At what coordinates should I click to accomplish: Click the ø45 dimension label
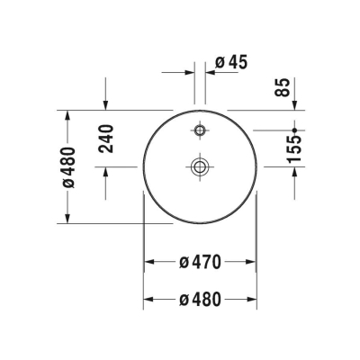pyautogui.click(x=232, y=62)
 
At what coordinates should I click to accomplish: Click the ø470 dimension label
pyautogui.click(x=201, y=262)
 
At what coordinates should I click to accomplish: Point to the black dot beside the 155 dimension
pyautogui.click(x=295, y=131)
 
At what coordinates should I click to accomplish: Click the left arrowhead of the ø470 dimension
pyautogui.click(x=150, y=262)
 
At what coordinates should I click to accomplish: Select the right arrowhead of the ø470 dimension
pyautogui.click(x=252, y=262)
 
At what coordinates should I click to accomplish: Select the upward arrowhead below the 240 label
pyautogui.click(x=107, y=172)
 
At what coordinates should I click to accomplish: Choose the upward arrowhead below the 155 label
pyautogui.click(x=295, y=172)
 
